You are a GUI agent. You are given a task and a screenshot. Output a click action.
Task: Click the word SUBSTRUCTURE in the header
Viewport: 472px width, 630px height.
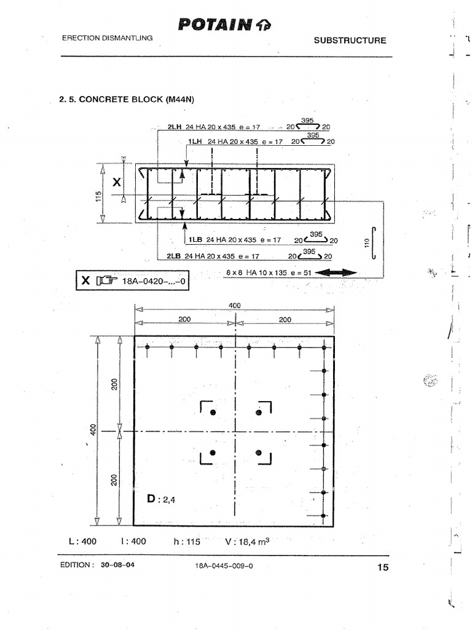[350, 41]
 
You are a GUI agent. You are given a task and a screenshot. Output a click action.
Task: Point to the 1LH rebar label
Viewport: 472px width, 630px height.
[195, 142]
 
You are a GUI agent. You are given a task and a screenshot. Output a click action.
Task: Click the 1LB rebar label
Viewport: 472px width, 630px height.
[195, 240]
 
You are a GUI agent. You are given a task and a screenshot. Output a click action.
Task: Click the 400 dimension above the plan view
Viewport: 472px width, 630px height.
[235, 306]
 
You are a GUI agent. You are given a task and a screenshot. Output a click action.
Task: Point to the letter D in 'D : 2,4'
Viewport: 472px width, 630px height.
[152, 498]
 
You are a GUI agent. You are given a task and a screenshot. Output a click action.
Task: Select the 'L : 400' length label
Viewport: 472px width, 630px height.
[82, 541]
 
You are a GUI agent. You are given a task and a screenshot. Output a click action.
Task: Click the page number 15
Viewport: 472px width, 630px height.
[382, 568]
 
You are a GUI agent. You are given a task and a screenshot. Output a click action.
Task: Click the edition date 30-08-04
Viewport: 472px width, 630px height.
[117, 565]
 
